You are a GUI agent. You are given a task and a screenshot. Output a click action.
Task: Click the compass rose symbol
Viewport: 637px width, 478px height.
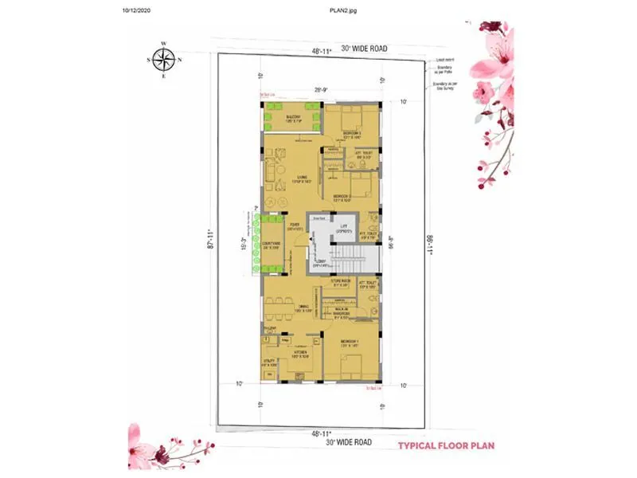[x=164, y=59]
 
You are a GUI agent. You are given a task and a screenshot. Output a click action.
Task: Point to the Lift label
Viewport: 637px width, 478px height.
[x=345, y=228]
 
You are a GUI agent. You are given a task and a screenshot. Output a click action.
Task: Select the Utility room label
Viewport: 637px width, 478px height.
[x=270, y=364]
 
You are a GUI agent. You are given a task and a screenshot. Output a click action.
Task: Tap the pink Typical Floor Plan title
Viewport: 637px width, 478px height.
[x=448, y=445]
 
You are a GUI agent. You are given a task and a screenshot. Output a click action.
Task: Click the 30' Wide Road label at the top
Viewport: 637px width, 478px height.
[x=365, y=49]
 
